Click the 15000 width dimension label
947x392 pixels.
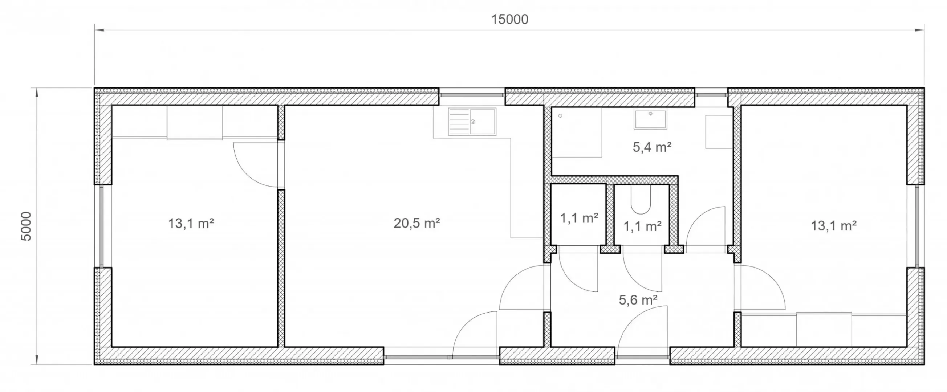click(x=509, y=19)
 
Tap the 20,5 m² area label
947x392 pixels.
click(x=416, y=223)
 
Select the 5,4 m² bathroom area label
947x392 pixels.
click(x=652, y=147)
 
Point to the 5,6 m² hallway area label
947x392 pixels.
click(x=638, y=300)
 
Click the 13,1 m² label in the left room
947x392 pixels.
click(x=191, y=223)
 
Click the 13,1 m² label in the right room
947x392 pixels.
click(x=833, y=225)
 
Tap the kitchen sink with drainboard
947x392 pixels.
click(x=472, y=121)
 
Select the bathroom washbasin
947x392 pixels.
click(x=650, y=119)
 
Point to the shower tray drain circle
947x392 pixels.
click(x=560, y=116)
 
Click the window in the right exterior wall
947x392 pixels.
click(x=917, y=225)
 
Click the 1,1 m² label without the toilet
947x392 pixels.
click(x=579, y=218)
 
